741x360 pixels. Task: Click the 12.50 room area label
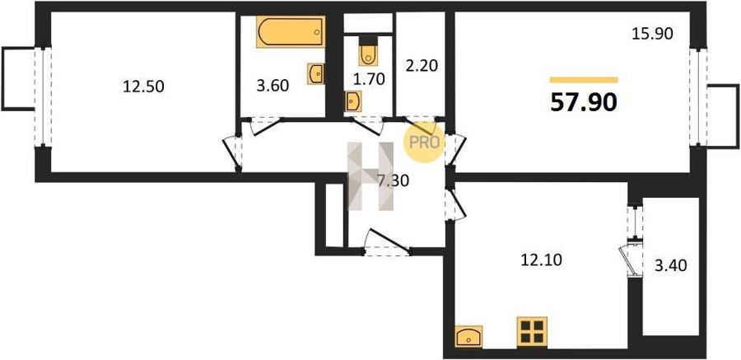tap(143, 86)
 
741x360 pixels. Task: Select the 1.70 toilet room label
tap(368, 79)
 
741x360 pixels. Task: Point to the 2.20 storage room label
tap(421, 65)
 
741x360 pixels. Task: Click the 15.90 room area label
tap(652, 34)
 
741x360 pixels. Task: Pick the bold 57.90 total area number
tap(584, 102)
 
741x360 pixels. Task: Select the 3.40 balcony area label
tap(670, 266)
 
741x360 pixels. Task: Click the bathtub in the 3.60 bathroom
tap(291, 31)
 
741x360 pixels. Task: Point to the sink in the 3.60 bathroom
tap(315, 74)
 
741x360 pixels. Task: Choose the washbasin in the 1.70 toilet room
tap(353, 101)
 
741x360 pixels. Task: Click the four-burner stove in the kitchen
tap(532, 332)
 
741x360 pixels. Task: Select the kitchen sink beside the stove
tap(468, 336)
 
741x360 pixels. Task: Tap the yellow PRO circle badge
tap(424, 142)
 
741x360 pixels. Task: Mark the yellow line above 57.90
tap(584, 80)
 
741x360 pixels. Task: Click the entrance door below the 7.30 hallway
tap(387, 243)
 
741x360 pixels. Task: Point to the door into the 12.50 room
tap(232, 152)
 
